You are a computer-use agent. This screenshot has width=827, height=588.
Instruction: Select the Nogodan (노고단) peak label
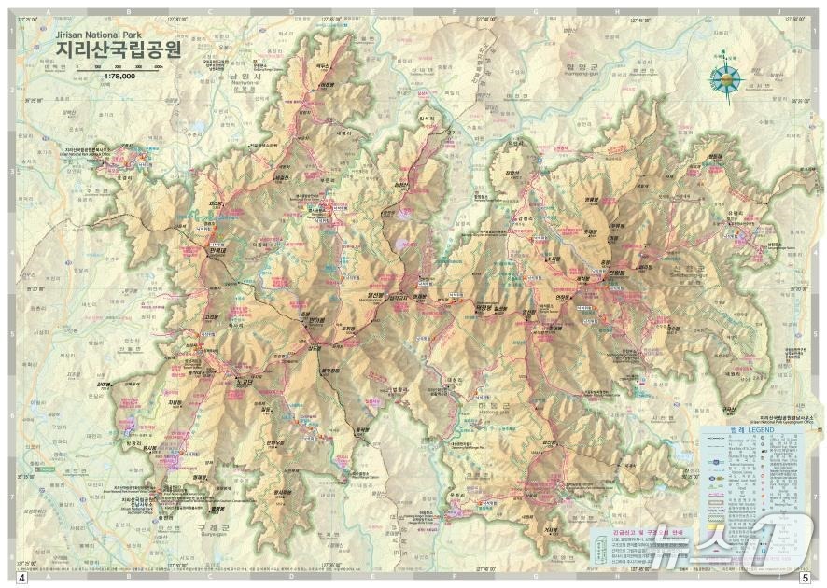pyautogui.click(x=245, y=381)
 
